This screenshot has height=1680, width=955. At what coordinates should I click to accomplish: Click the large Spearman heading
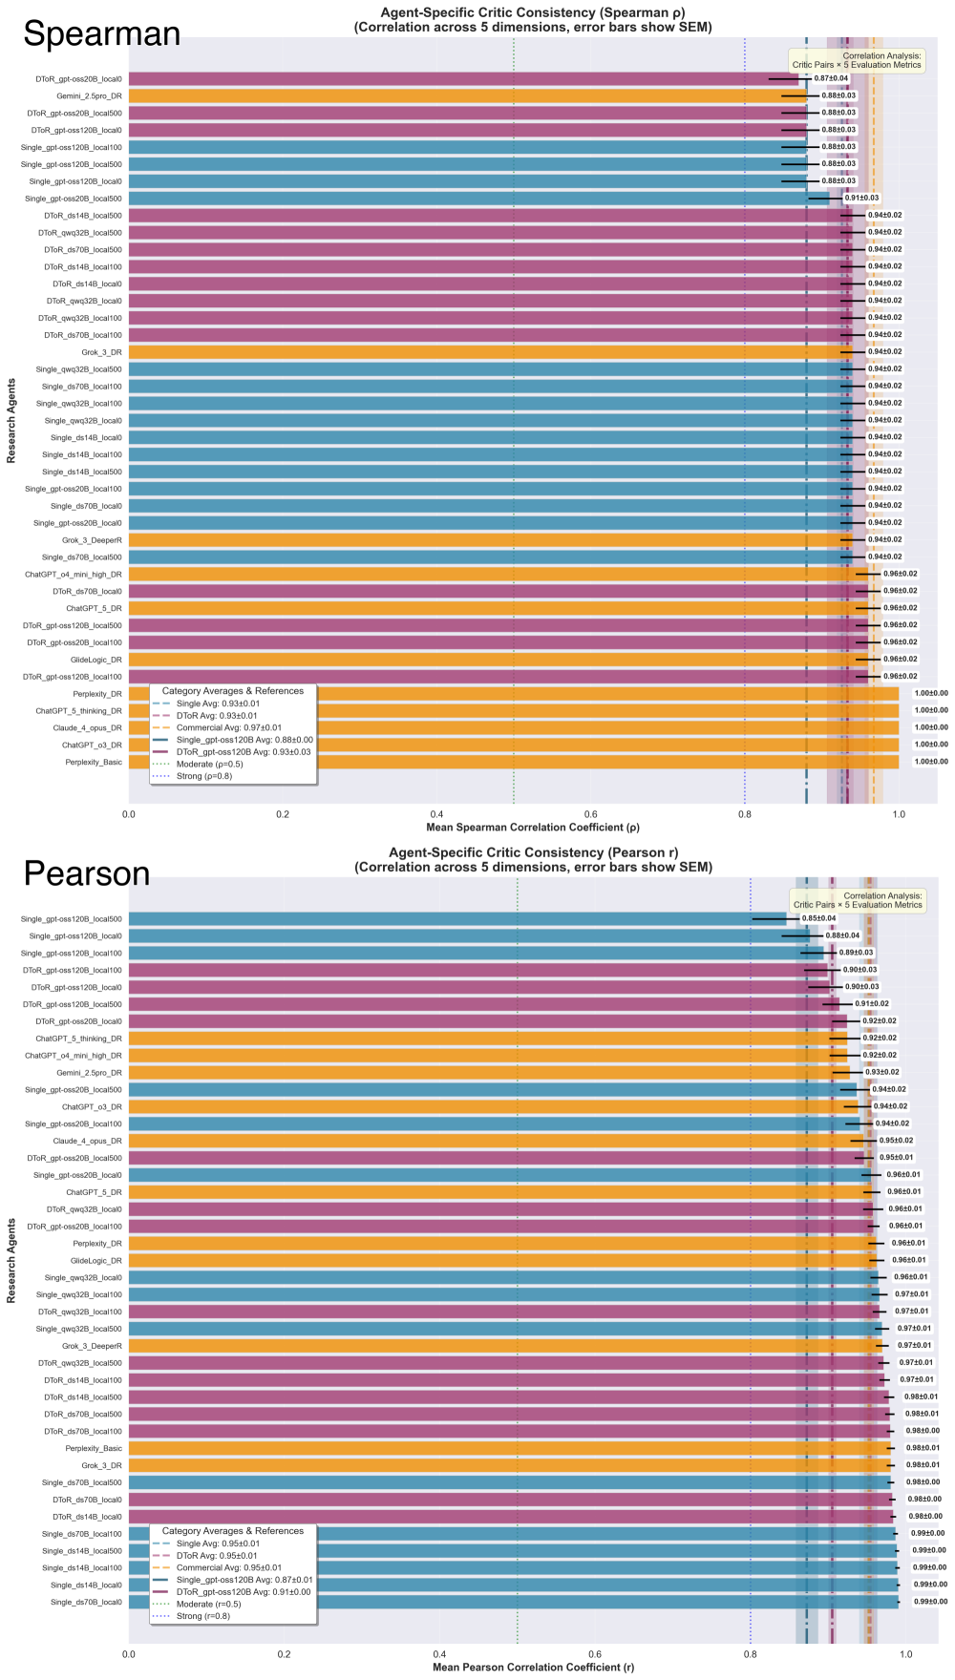coord(101,34)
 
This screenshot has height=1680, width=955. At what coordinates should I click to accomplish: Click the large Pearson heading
coord(87,874)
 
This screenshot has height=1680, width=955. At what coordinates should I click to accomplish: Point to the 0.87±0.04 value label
coord(831,78)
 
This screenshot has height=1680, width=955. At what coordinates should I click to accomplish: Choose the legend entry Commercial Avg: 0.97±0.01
coord(216,727)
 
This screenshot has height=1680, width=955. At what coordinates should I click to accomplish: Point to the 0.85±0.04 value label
coord(818,918)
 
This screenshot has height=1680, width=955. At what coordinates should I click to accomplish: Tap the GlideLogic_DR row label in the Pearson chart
coord(96,1260)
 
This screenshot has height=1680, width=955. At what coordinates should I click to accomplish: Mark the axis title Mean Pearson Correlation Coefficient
coord(533,1668)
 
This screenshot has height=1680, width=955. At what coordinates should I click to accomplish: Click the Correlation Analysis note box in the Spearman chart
coord(857,60)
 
